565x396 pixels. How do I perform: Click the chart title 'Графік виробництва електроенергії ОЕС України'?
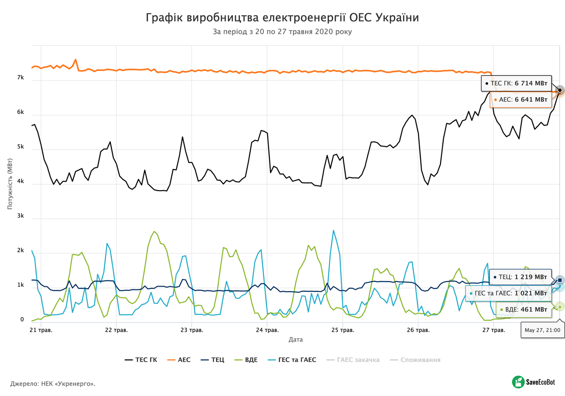coord(282,18)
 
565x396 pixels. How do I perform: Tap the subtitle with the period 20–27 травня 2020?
coord(282,32)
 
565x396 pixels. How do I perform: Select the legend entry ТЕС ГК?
coord(141,360)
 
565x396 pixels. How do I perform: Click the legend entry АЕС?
coord(179,360)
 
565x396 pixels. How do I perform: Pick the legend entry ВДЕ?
coord(246,360)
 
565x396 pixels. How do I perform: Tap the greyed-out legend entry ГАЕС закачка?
coord(353,360)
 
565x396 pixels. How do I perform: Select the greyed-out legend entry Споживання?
coord(415,360)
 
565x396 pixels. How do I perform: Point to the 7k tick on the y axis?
coord(20,78)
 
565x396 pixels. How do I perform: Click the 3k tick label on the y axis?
coord(20,216)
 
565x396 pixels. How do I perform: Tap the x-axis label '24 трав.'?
coord(267,330)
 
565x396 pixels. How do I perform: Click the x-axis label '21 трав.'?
coord(41,330)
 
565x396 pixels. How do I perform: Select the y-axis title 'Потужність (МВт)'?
coord(10,184)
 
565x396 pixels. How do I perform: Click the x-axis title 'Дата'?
coord(295,340)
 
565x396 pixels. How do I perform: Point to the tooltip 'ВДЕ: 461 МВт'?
coord(524,309)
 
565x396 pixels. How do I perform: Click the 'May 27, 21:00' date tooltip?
coord(542,330)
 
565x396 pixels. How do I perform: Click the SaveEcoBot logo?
coord(533,382)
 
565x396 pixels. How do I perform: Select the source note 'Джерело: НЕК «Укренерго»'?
coord(53,384)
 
